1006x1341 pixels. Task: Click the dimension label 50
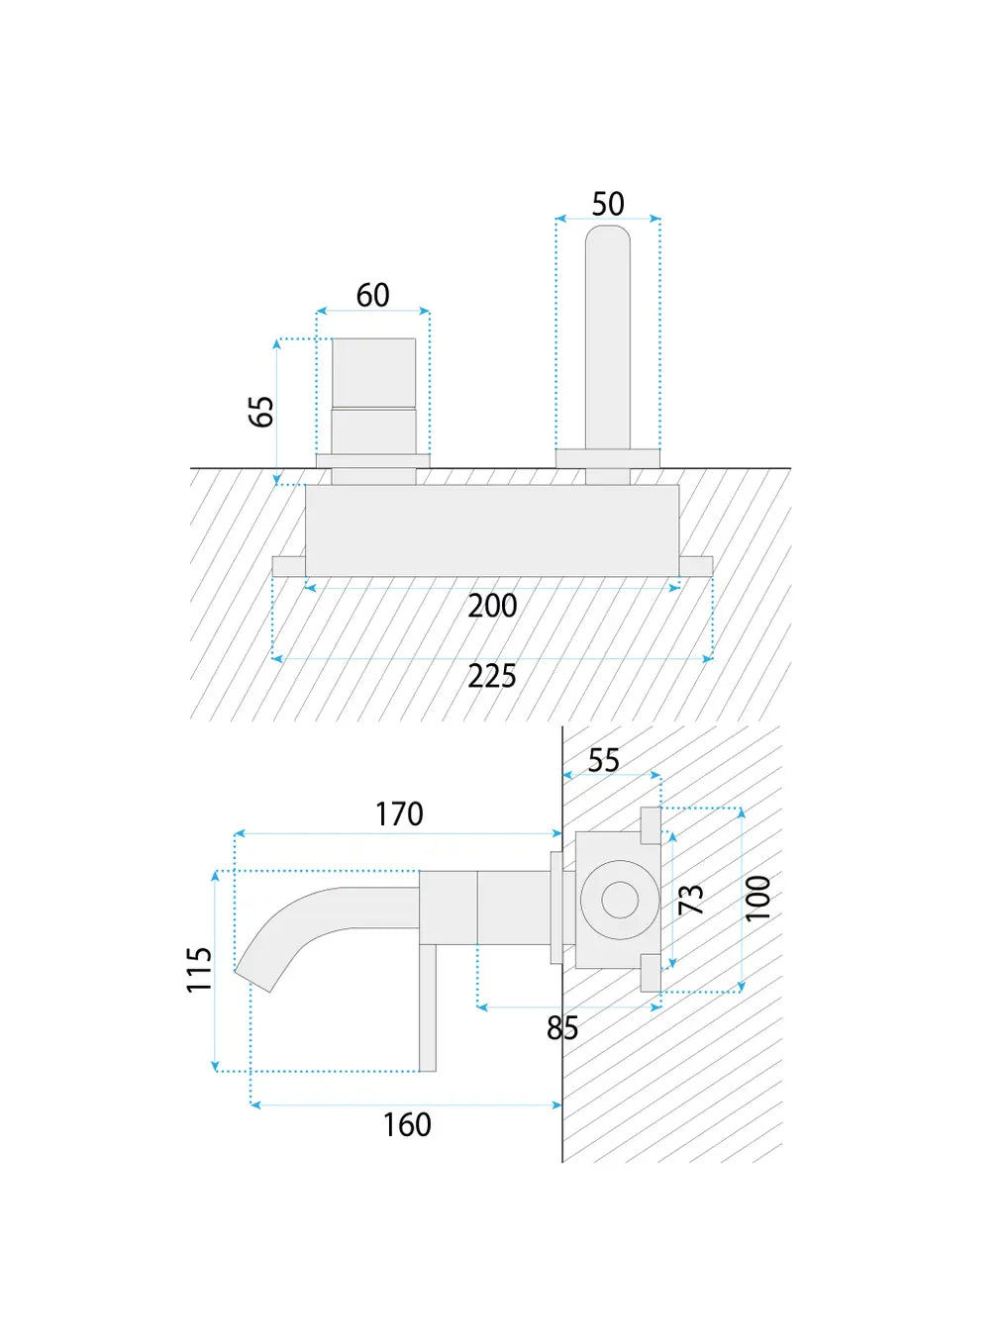tap(608, 204)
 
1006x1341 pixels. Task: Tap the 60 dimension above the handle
tap(373, 295)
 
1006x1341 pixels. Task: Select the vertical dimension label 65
tap(260, 411)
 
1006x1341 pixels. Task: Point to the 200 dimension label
tap(492, 606)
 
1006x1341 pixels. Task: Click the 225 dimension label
tap(492, 677)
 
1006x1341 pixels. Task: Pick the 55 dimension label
tap(604, 760)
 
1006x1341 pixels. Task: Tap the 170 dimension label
tap(399, 814)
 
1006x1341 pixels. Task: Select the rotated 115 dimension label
tap(200, 969)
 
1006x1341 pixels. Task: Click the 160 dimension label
tap(407, 1125)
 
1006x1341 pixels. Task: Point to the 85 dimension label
tap(562, 1028)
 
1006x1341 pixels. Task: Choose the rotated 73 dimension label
tap(691, 899)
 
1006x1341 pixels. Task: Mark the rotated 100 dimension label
tap(757, 898)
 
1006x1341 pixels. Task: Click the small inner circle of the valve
tap(620, 900)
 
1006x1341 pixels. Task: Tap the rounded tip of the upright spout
tap(608, 238)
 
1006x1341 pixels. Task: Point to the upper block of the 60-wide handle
tap(373, 372)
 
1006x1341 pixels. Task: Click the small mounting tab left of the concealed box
tap(288, 566)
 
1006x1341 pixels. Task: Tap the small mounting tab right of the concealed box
tap(696, 566)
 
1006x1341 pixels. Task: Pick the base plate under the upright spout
tap(608, 458)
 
